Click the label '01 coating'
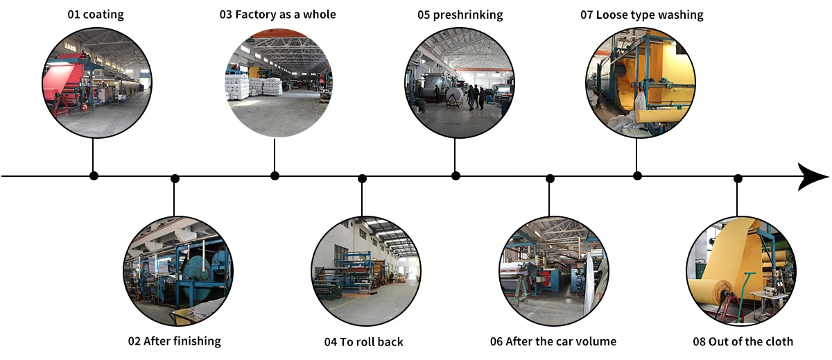coord(96,15)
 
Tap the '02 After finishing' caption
coord(175,341)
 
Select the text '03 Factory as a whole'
coord(277,15)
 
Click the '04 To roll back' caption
coord(363,341)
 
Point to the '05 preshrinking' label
coord(460,15)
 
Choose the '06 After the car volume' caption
coord(553,341)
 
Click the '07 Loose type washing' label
coord(641,15)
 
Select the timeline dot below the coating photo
coord(94,176)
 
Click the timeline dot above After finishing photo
coord(175,178)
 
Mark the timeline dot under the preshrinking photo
coord(456,176)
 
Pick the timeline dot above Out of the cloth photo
coord(738,178)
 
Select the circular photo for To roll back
coord(365,271)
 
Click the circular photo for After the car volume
coord(553,271)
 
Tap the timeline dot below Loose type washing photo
coord(637,176)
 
